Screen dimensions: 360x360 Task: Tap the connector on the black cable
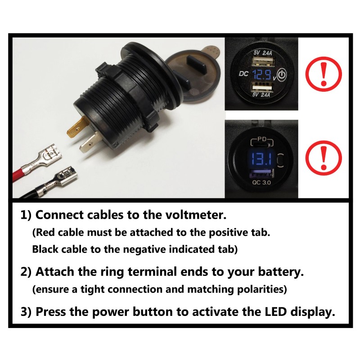[x=63, y=175]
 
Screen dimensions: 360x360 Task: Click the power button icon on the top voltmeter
[x=281, y=75]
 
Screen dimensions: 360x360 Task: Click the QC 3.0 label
[x=261, y=183]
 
